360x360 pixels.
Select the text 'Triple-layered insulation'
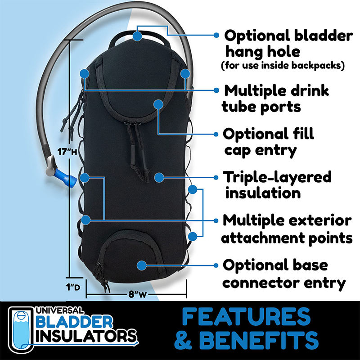[277, 184]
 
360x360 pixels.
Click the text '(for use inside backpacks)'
[283, 66]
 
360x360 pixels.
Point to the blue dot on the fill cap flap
[158, 104]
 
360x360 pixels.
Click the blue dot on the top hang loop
[137, 35]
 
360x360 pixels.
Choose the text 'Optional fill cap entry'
[269, 142]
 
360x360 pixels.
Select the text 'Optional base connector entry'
[284, 274]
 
